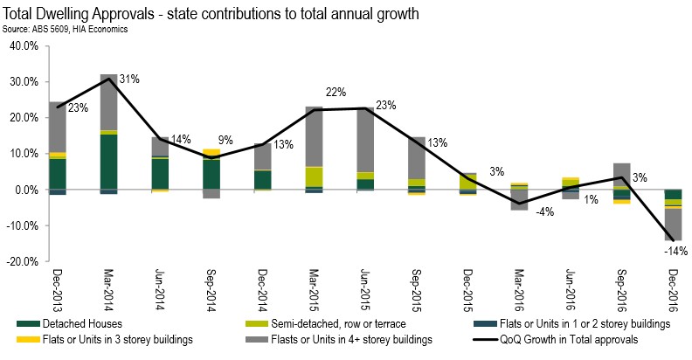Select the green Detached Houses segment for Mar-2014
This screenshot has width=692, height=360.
coord(109,161)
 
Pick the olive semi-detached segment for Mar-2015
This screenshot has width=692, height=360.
coord(315,177)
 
